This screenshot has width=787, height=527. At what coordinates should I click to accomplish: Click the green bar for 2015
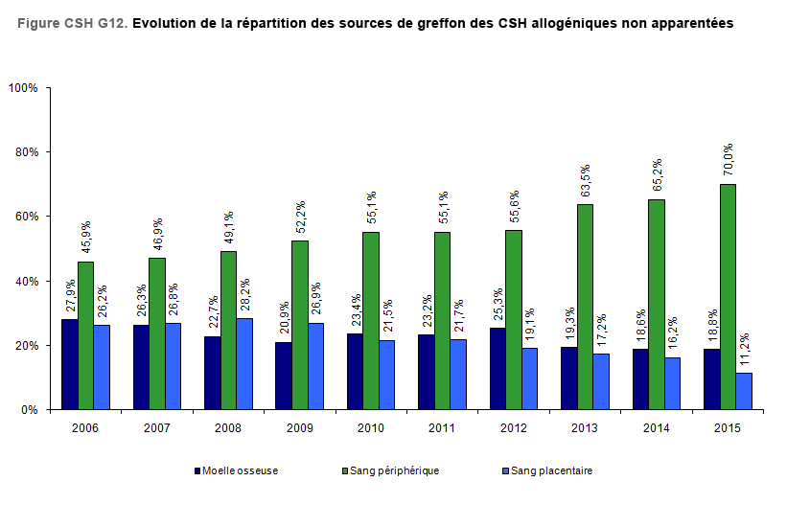pos(729,296)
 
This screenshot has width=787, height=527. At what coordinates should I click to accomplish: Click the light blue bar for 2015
pos(744,391)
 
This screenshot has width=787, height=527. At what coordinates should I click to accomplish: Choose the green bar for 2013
pos(585,307)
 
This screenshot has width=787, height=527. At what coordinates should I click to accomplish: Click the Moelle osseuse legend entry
pos(235,470)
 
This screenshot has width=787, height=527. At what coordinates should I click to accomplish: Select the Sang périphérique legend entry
pos(394,470)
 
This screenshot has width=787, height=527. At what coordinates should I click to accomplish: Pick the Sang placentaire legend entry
pos(551,470)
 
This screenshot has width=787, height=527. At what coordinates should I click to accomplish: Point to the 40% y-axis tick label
pos(25,282)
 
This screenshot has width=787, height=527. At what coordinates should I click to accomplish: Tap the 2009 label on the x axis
pos(299,427)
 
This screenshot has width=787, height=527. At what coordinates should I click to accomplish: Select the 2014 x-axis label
pos(656,427)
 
